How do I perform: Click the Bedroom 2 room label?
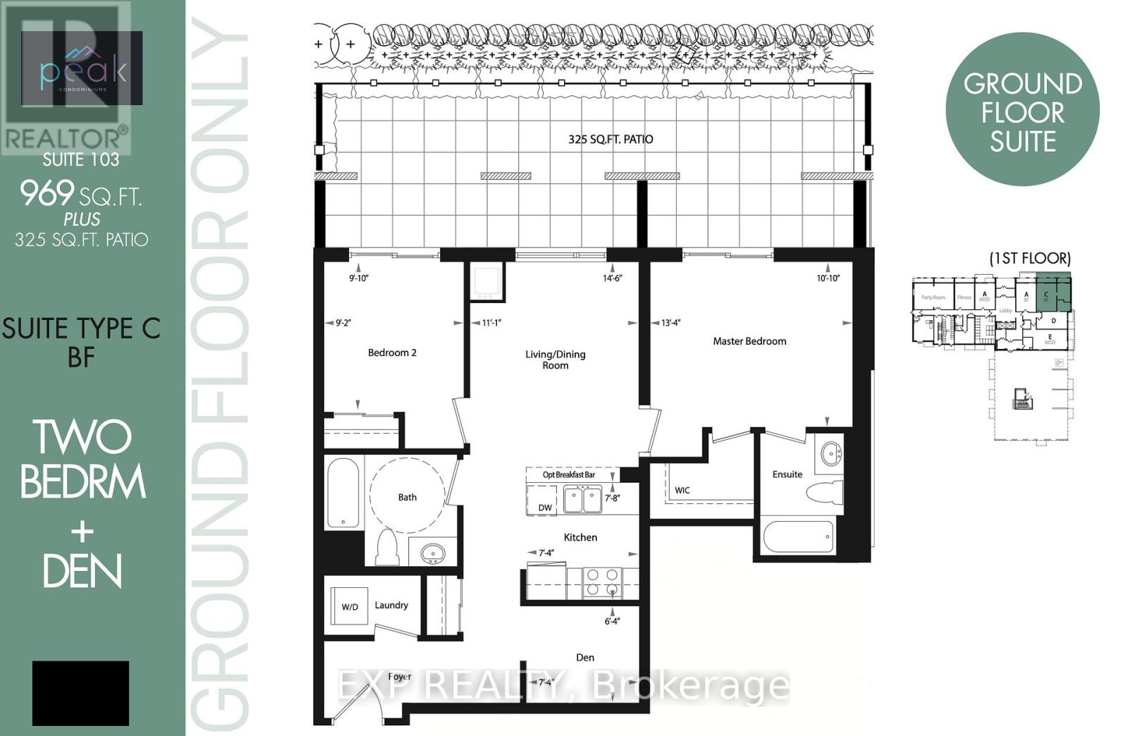point(392,352)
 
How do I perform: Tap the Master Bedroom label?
point(749,341)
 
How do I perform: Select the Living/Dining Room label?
point(555,360)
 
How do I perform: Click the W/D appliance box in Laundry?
point(350,606)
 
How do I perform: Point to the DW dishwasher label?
point(545,508)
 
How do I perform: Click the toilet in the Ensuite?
point(823,491)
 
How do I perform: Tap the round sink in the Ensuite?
point(831,452)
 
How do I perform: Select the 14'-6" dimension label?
point(612,278)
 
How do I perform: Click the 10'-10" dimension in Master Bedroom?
point(828,278)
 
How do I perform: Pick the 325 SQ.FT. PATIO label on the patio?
point(611,140)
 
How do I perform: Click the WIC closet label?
point(682,490)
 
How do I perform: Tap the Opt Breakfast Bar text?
point(568,474)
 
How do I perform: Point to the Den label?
point(585,657)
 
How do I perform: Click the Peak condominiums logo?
point(83,69)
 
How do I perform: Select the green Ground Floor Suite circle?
point(1022,110)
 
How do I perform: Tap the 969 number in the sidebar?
point(47,193)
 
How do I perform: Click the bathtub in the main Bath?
point(343,493)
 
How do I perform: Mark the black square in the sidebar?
point(80,693)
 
